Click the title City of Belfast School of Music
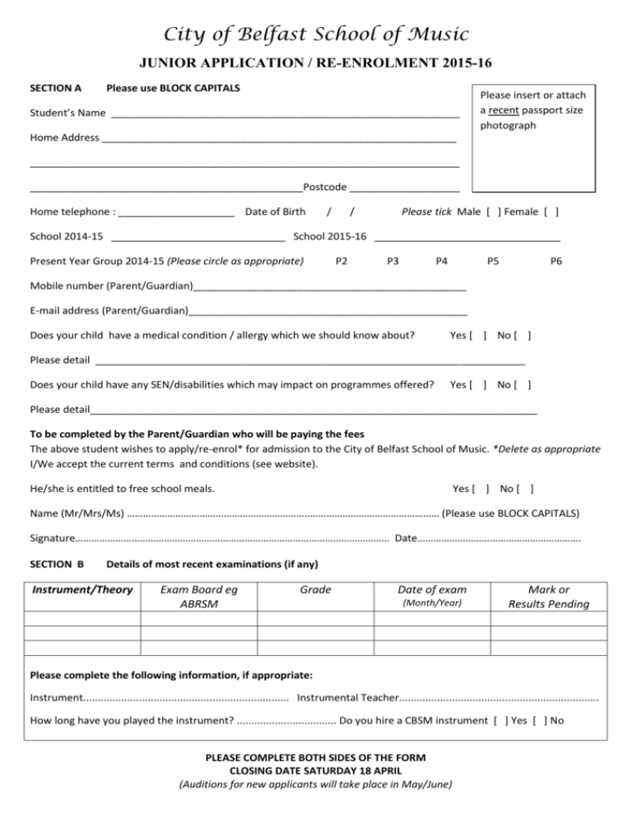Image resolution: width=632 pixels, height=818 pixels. tap(316, 35)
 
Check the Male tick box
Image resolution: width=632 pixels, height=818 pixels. tap(493, 212)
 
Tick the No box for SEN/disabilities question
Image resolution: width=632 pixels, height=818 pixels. tap(525, 384)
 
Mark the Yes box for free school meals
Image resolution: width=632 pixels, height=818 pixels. tap(483, 489)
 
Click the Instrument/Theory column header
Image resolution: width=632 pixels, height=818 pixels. tap(81, 589)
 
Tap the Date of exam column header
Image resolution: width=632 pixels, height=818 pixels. tap(431, 589)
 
